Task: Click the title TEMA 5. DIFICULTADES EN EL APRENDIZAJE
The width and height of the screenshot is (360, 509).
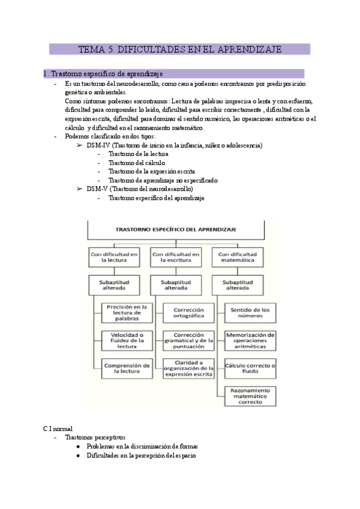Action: (x=179, y=49)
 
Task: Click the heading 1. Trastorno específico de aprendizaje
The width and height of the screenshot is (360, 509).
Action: (x=103, y=74)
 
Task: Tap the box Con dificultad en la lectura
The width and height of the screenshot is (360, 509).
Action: (x=114, y=257)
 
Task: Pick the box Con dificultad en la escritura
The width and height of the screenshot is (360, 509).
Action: (x=175, y=257)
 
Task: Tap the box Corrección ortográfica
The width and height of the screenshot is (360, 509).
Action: (x=188, y=312)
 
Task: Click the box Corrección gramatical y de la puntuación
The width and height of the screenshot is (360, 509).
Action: (x=188, y=340)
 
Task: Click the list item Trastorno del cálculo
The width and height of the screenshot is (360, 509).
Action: (x=137, y=163)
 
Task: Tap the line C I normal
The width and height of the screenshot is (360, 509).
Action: (x=58, y=429)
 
